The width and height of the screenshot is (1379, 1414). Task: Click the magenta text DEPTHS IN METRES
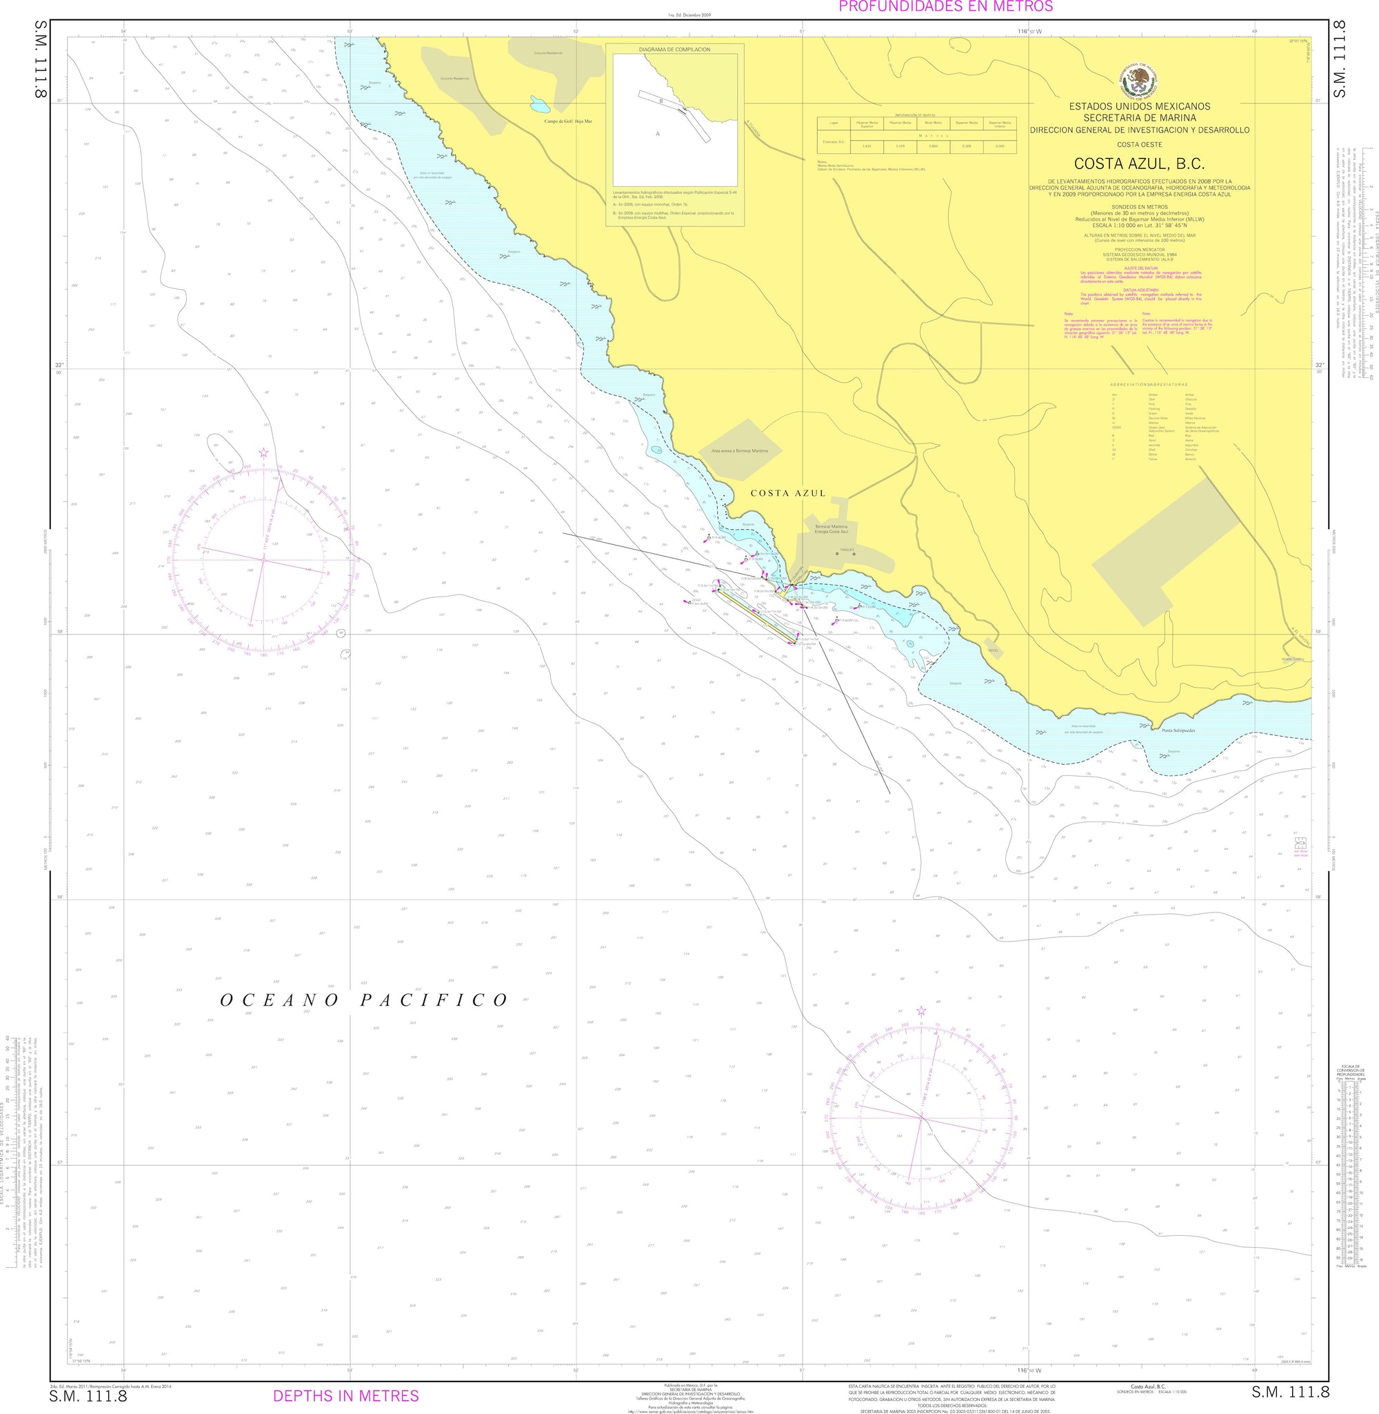[345, 1395]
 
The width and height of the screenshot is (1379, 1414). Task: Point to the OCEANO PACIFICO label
[364, 1000]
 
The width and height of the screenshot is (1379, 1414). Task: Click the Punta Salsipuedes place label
[1178, 730]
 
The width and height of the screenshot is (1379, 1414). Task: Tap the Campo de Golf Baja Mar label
[568, 121]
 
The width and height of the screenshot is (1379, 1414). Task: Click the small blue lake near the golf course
[541, 103]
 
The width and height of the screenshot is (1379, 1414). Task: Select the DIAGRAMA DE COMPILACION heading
[674, 50]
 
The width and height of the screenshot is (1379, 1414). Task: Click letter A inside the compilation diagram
[658, 133]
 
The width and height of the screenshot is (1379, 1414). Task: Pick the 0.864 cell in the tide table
[933, 146]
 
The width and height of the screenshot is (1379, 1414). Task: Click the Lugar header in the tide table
[832, 123]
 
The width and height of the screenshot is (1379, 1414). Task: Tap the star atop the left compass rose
[263, 452]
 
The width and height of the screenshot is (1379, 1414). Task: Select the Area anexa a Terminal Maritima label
[738, 450]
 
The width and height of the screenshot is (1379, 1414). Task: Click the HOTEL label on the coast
[992, 650]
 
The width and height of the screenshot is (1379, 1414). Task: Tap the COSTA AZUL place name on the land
[787, 493]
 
